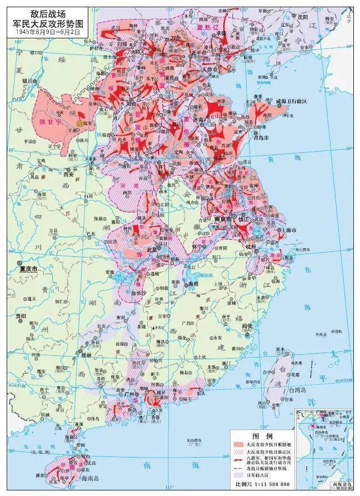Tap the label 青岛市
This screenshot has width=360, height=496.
click(x=260, y=137)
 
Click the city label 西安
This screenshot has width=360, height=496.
click(x=68, y=174)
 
